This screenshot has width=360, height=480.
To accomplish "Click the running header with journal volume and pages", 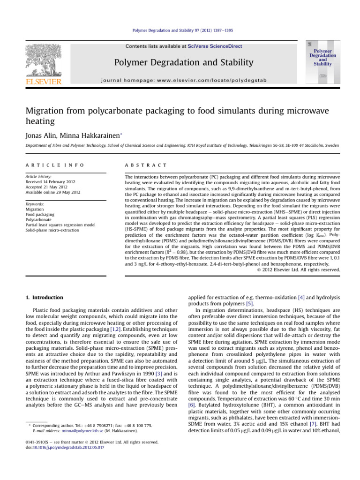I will (x=180, y=30).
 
